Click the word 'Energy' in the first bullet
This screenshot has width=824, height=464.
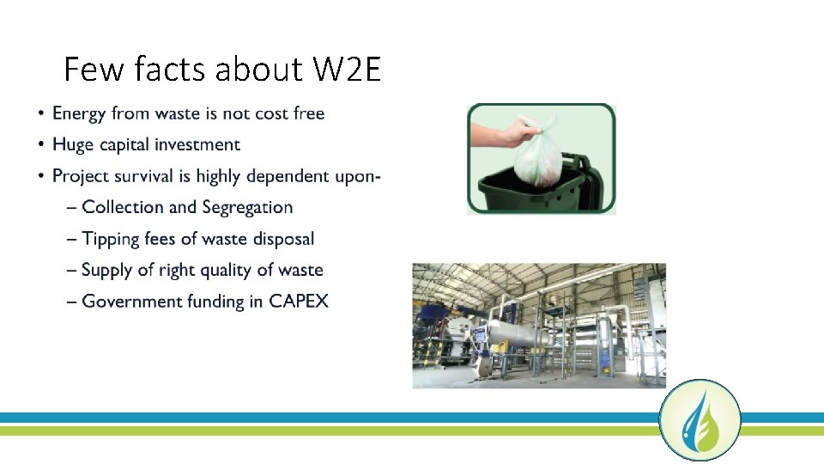click(x=80, y=113)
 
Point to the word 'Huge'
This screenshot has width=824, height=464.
click(x=73, y=145)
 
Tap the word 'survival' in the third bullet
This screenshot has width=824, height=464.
click(x=158, y=176)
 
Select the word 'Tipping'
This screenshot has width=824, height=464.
click(x=111, y=239)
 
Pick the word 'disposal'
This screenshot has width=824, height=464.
click(x=283, y=239)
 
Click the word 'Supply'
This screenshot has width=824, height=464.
click(x=107, y=271)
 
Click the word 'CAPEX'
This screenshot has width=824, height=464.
click(x=299, y=302)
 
